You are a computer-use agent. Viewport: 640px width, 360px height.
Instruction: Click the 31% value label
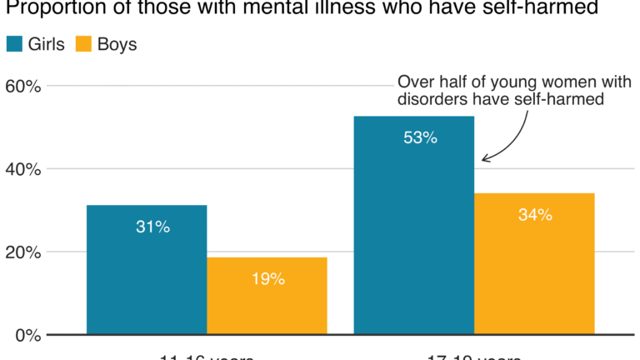tap(153, 227)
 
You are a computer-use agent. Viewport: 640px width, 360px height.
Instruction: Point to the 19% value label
tap(267, 279)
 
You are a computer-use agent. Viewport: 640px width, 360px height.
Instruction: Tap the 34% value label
tap(535, 215)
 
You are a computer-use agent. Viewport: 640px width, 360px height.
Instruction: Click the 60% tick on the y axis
tap(22, 86)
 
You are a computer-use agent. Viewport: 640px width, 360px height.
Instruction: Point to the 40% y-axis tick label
tap(22, 169)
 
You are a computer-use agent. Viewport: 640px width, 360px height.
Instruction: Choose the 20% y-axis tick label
tap(22, 252)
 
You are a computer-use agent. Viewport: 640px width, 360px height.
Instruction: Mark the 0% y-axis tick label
tap(27, 336)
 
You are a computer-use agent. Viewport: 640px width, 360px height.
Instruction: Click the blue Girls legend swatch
tap(14, 45)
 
